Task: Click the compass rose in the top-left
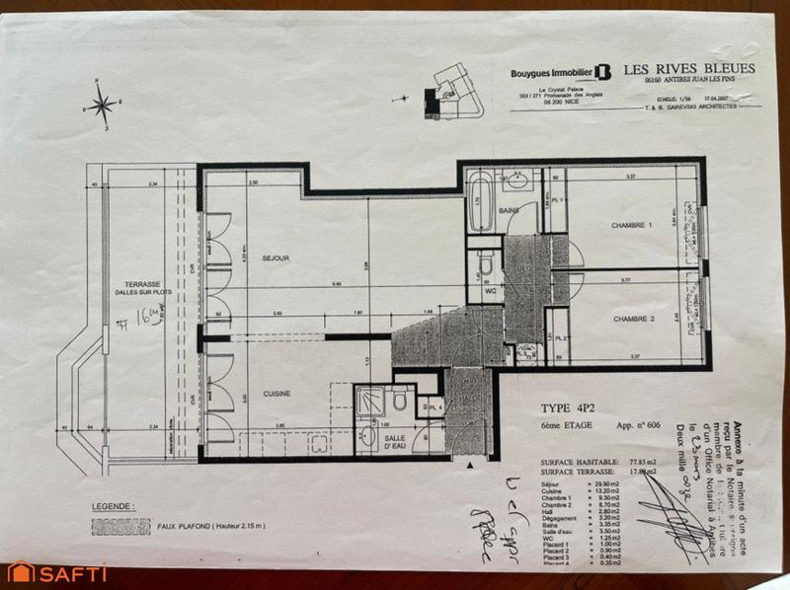[x=102, y=105]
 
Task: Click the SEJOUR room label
[x=276, y=258]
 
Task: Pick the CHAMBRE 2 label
[x=633, y=319]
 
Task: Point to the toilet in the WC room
[x=486, y=264]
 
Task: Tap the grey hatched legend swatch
[x=120, y=526]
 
